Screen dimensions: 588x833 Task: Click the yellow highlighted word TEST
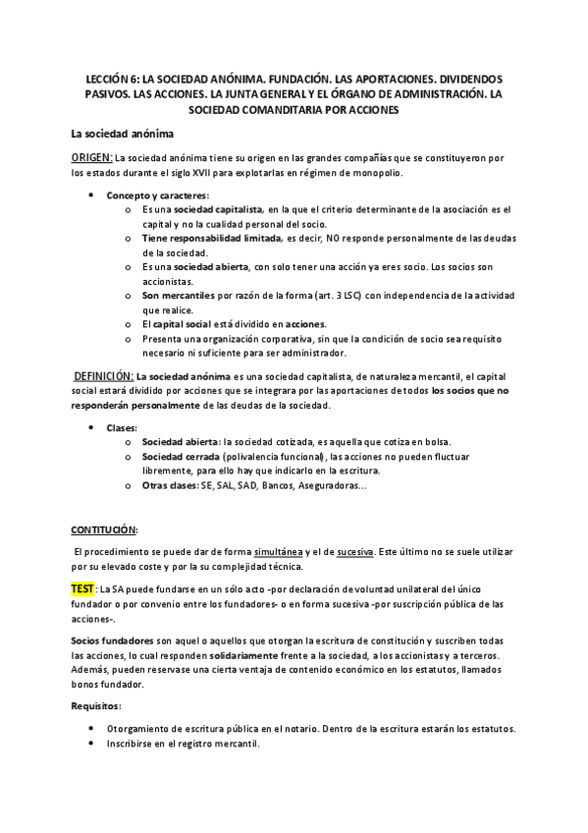click(83, 587)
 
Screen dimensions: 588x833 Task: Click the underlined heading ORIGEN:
click(91, 158)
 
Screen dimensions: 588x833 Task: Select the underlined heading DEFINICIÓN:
click(104, 376)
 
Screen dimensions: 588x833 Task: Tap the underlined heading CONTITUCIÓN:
click(104, 528)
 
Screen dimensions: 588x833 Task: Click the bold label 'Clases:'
click(122, 428)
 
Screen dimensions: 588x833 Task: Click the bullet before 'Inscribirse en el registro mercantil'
click(91, 744)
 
